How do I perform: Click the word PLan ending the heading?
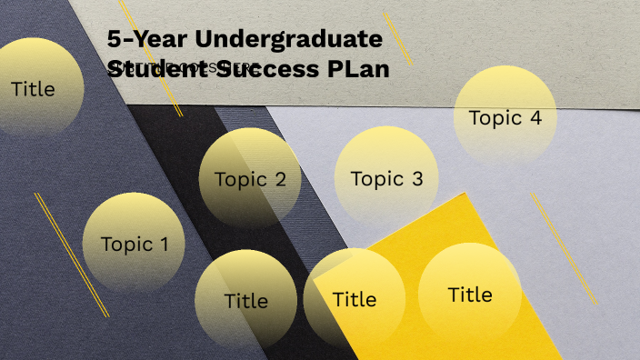[x=359, y=69]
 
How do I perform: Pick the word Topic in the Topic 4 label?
[x=495, y=118]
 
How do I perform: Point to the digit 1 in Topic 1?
[x=164, y=244]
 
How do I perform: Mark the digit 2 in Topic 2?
[x=279, y=179]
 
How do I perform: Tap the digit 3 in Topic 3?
[x=416, y=179]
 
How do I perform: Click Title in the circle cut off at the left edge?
[x=33, y=89]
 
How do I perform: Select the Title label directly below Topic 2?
[x=245, y=300]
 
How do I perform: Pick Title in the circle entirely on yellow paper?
[x=470, y=295]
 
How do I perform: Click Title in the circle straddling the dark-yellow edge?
[x=354, y=298]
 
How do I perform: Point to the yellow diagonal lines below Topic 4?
[x=563, y=236]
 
